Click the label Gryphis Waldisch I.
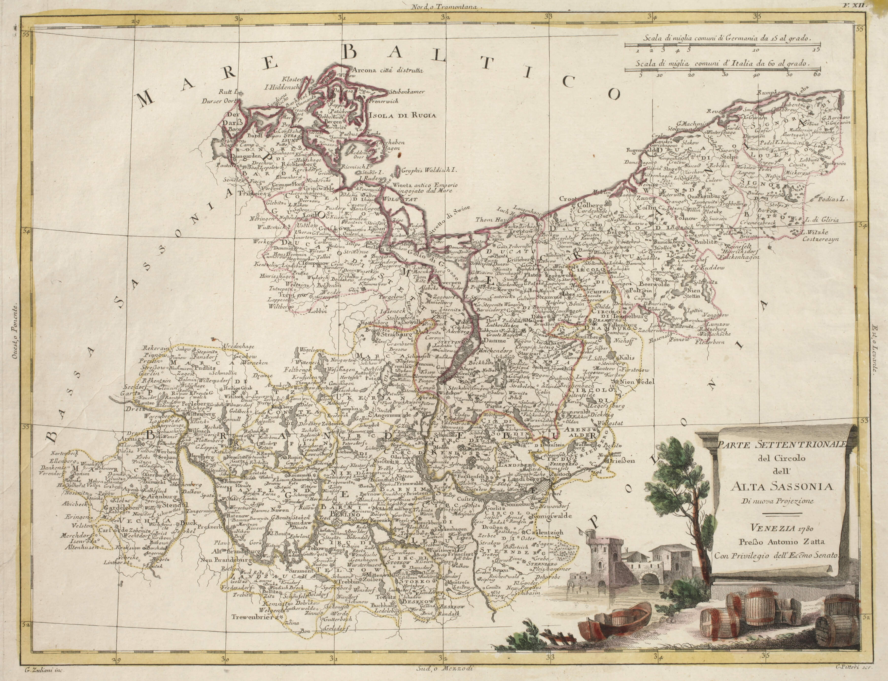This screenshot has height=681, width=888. [x=429, y=171]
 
